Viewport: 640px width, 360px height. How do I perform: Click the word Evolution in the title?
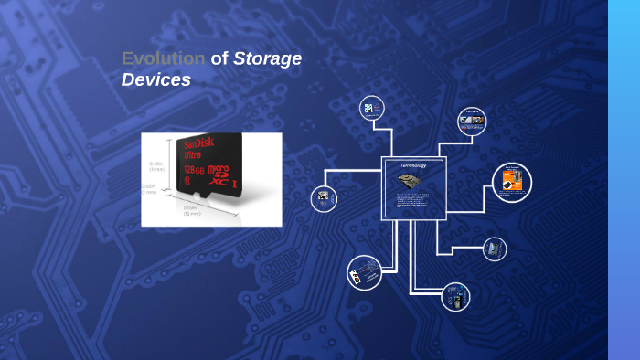click(x=163, y=58)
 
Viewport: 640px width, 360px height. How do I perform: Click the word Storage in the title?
click(x=267, y=58)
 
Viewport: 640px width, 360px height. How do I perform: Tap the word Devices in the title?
click(x=155, y=79)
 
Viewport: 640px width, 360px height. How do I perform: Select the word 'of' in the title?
click(x=219, y=58)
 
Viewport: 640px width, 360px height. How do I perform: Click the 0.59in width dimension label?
click(x=190, y=209)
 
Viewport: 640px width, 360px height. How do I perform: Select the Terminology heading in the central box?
click(x=413, y=165)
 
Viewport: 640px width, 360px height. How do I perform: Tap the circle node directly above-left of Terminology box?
click(x=371, y=109)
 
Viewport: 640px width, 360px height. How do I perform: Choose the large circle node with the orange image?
click(x=512, y=183)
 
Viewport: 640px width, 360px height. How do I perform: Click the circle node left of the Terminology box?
click(x=324, y=198)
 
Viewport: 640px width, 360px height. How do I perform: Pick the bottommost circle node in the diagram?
click(x=455, y=297)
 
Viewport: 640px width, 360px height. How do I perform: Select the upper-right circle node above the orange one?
click(x=472, y=121)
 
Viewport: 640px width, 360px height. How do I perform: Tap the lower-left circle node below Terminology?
click(x=365, y=272)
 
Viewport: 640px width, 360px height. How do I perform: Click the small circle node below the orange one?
click(x=495, y=249)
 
